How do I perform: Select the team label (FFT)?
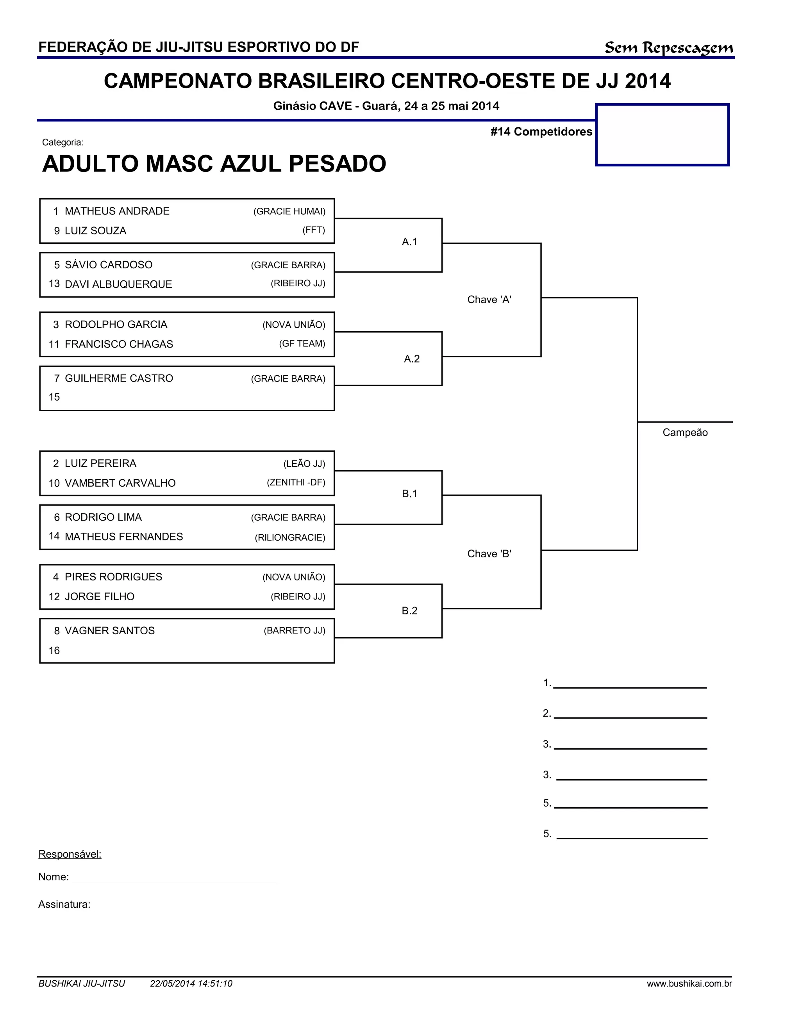[x=314, y=230]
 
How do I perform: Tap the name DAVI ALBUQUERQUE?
[x=118, y=284]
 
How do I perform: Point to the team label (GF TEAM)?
[x=302, y=344]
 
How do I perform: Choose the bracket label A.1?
[x=409, y=242]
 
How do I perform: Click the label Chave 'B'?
[x=489, y=553]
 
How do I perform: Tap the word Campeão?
[x=685, y=432]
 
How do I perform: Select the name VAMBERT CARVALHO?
[x=120, y=483]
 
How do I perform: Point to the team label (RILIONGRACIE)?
[x=290, y=537]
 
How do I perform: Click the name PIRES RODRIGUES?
[x=113, y=577]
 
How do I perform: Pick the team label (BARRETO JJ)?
[x=294, y=630]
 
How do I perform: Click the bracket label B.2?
[x=409, y=610]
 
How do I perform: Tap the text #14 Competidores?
[x=541, y=132]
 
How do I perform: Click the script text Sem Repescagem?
[x=668, y=48]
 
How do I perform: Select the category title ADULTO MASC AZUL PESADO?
[x=214, y=164]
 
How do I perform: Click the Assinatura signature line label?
[x=64, y=904]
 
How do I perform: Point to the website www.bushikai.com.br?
[x=689, y=983]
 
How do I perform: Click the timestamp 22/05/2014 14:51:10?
[x=191, y=983]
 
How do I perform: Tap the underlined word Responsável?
[x=70, y=854]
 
